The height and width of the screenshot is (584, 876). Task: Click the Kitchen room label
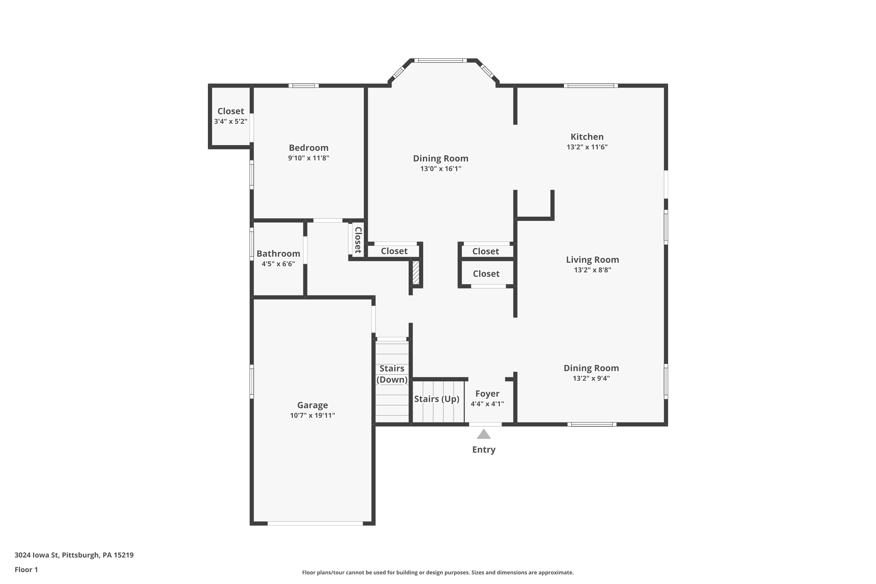587,137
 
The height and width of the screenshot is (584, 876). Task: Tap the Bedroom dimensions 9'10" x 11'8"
308,158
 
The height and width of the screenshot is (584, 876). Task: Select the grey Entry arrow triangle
484,434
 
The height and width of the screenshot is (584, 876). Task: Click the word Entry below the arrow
484,450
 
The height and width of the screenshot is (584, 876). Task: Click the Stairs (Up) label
437,399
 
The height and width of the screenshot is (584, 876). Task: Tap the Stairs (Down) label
392,374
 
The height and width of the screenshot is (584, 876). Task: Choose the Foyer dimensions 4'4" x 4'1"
487,404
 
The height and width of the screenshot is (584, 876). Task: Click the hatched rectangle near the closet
416,273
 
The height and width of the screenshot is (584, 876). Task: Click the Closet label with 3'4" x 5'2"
231,111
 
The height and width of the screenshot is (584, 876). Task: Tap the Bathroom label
278,254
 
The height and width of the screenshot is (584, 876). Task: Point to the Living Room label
592,260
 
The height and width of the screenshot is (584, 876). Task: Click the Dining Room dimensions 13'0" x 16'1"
441,169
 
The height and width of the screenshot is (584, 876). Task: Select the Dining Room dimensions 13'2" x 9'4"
591,378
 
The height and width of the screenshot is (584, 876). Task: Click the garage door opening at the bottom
315,523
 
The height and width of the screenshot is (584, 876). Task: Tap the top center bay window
440,60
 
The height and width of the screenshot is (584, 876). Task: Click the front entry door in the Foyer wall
485,424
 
